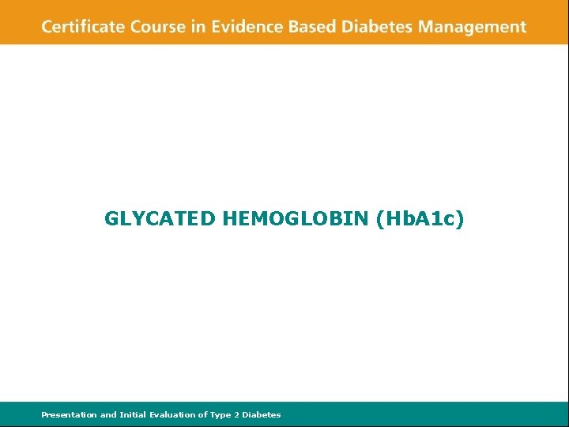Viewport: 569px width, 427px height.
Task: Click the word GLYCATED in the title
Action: click(160, 219)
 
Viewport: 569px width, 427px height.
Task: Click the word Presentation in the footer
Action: click(69, 414)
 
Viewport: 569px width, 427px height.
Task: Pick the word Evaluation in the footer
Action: click(173, 414)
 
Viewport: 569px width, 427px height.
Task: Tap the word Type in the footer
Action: click(220, 415)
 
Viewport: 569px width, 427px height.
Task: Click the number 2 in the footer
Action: click(236, 414)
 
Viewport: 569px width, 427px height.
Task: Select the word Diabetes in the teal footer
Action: click(262, 414)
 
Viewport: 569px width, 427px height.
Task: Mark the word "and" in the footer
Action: click(107, 414)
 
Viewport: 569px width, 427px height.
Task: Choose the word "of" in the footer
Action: click(202, 414)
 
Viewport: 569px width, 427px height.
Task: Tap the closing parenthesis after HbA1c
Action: click(462, 220)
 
